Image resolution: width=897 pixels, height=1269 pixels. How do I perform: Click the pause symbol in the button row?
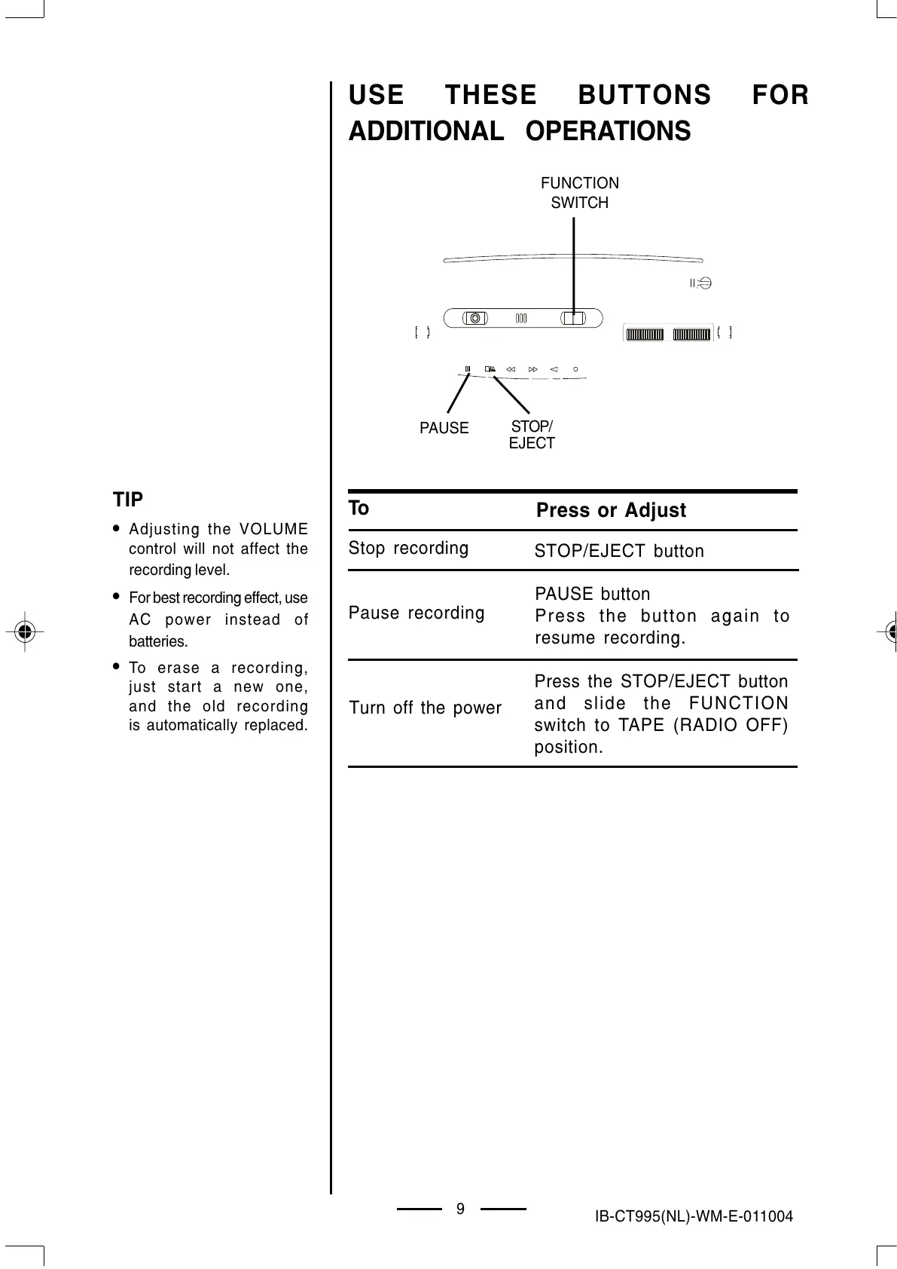coord(468,369)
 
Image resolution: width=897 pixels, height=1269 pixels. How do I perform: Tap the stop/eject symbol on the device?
coord(490,369)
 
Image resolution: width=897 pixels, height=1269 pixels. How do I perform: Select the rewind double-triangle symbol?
coord(511,369)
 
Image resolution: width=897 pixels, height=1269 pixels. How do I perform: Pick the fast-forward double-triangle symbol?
coord(533,369)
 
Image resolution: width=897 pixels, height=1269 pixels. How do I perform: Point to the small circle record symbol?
coord(575,369)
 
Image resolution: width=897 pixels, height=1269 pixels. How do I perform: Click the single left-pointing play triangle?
coord(554,369)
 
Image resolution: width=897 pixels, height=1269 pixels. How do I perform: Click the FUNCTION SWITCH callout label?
coord(580,193)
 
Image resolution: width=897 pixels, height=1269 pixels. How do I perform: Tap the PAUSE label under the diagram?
coord(444,428)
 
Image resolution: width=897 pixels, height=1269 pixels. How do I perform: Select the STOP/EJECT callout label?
coord(532,436)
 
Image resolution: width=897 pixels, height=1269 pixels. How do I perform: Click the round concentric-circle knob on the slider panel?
coord(474,317)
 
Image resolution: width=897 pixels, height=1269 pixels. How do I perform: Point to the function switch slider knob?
coord(574,318)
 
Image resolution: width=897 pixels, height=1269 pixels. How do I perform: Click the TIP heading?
coord(128,500)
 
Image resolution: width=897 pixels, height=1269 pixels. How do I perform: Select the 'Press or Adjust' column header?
coord(611,510)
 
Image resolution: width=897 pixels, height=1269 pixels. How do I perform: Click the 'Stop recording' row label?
coord(408,548)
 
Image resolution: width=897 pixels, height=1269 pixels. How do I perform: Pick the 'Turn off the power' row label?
coord(425,708)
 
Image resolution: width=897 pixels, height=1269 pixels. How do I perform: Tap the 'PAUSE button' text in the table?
coord(592,594)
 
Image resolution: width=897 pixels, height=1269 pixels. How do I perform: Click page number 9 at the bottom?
coord(460,1209)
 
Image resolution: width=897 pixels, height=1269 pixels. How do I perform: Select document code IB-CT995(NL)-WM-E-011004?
coord(693,1216)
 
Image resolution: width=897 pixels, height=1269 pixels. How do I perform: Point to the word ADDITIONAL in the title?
coord(426,131)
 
